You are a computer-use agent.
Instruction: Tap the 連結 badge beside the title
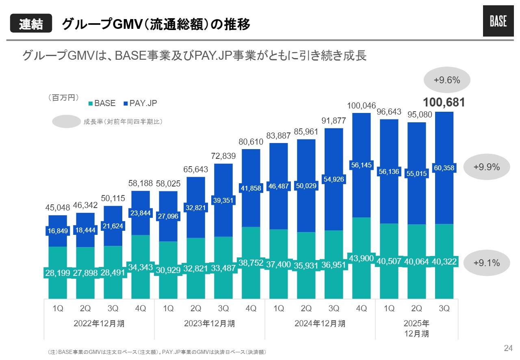31,24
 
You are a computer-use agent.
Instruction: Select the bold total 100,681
444,102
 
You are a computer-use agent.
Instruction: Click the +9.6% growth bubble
447,80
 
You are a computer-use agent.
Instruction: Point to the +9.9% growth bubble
486,167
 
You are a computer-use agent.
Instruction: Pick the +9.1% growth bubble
486,262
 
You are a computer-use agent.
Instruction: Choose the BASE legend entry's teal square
91,104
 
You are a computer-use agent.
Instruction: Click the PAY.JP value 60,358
444,167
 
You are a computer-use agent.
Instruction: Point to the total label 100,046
362,106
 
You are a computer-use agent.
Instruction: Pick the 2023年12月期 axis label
209,324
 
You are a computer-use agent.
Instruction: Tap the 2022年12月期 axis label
99,324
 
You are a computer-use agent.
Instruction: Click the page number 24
508,348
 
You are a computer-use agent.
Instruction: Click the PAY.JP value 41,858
251,188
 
